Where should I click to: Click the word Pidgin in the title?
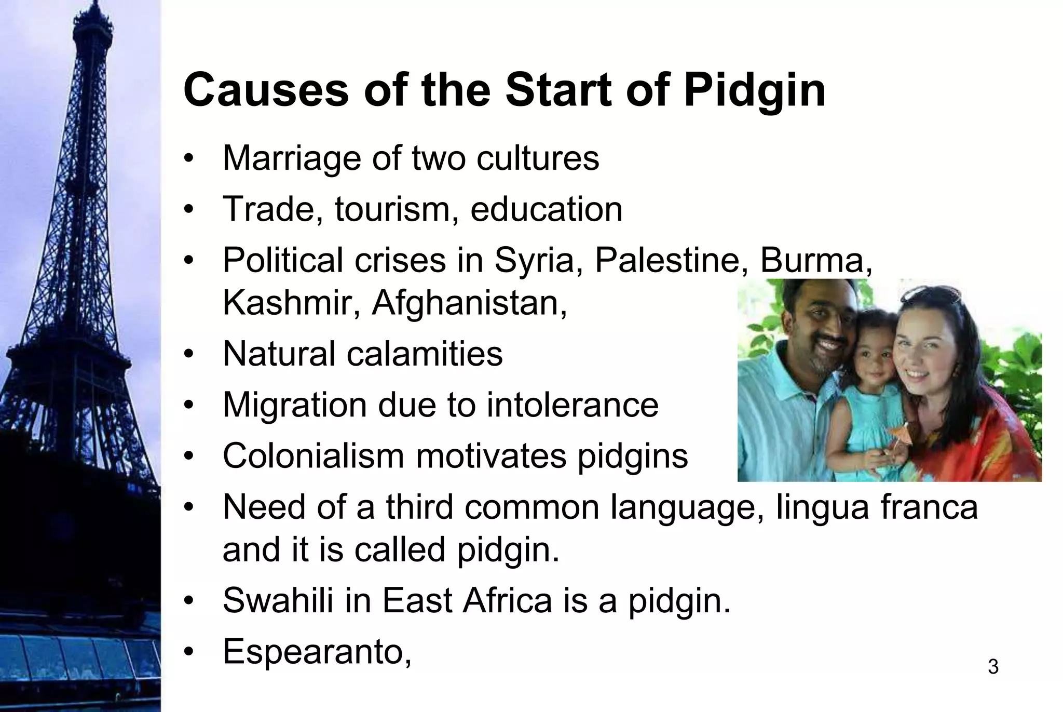754,91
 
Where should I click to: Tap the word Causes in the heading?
266,91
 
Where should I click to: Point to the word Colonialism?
313,456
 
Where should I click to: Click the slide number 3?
992,667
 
